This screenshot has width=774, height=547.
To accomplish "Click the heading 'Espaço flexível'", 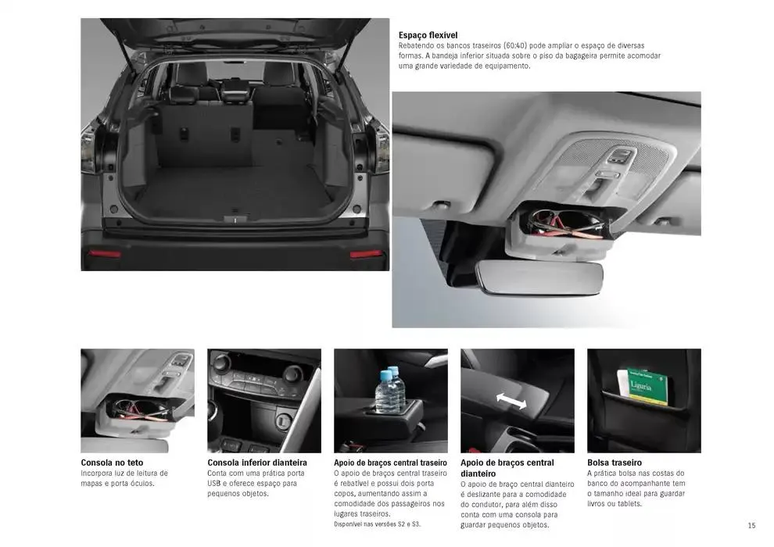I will (x=428, y=35).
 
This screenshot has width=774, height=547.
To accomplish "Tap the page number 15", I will (x=751, y=525).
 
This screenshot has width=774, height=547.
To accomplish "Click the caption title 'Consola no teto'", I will (x=112, y=463).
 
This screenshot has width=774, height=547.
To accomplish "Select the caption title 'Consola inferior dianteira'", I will (x=256, y=463).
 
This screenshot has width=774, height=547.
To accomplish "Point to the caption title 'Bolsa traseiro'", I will (x=614, y=463).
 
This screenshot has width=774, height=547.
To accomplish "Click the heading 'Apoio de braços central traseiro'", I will (x=390, y=463).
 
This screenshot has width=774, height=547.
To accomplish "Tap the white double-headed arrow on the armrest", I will (x=511, y=400).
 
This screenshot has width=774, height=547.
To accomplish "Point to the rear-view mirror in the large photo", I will (x=539, y=279).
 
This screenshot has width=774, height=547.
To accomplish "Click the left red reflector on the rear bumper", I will (x=104, y=253).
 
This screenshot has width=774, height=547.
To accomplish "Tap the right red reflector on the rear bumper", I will (x=366, y=253).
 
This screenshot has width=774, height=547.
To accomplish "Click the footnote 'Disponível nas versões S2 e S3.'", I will (x=377, y=524).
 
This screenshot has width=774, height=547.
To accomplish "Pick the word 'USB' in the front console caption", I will (x=217, y=484).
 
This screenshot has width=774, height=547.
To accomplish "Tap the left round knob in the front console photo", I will (x=222, y=363).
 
